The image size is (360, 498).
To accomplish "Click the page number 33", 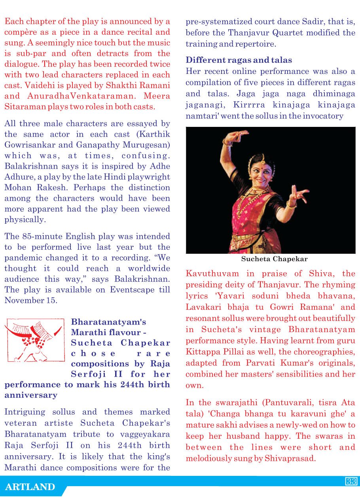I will (x=351, y=481).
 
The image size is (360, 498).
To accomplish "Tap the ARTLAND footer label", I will (x=30, y=487).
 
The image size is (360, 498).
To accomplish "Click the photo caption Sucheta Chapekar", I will (x=274, y=259).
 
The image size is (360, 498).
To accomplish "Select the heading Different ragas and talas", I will (x=239, y=60).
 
